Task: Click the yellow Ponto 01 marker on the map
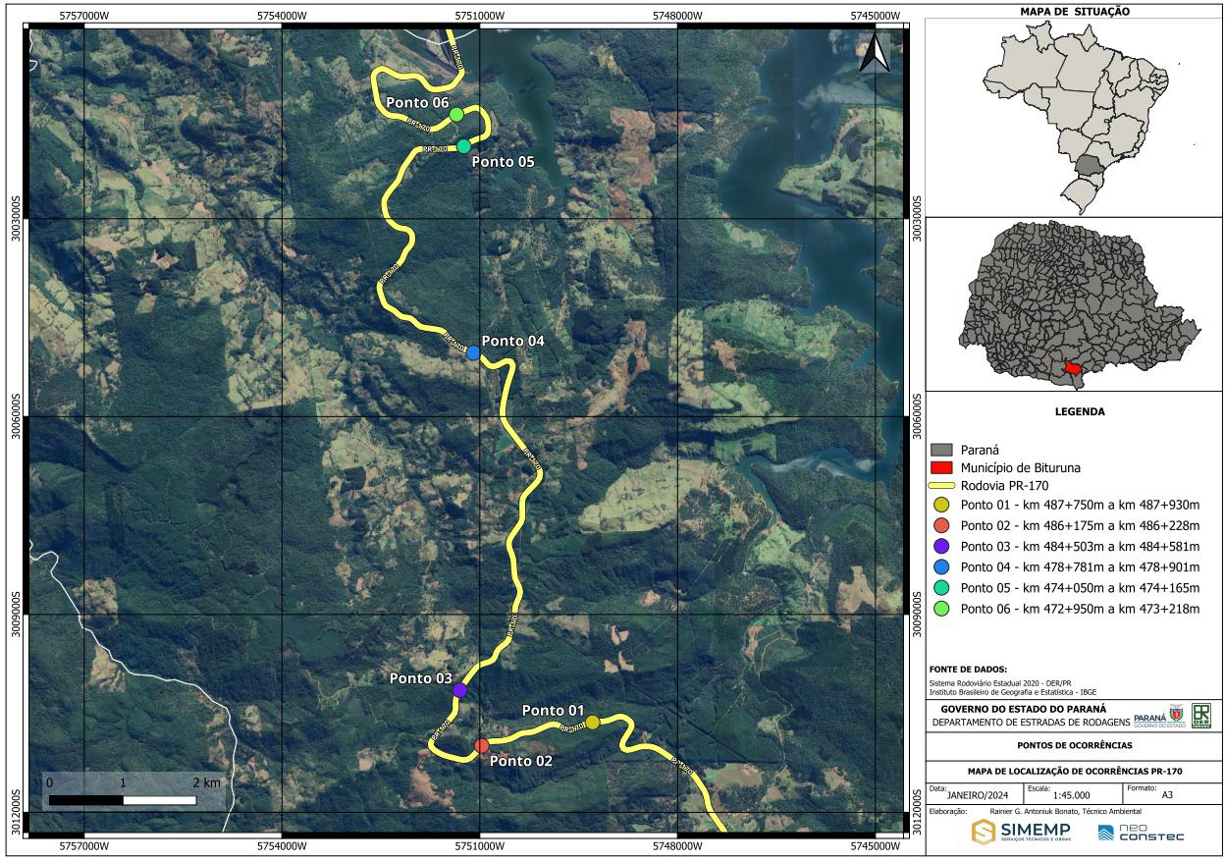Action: (592, 723)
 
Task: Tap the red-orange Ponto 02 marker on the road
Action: (481, 746)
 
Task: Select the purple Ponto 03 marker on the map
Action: (459, 690)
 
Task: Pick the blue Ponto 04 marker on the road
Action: (473, 352)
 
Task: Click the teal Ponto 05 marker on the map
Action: (463, 146)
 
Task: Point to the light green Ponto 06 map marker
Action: (456, 115)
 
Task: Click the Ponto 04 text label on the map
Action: (512, 341)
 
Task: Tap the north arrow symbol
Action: (874, 53)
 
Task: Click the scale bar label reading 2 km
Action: (206, 782)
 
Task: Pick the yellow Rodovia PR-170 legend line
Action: (941, 485)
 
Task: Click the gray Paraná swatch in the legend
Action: (941, 449)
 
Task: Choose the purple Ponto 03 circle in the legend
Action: (941, 546)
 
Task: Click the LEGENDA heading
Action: (1077, 411)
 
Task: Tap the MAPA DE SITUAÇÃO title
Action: (1076, 12)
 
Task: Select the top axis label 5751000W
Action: (480, 16)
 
